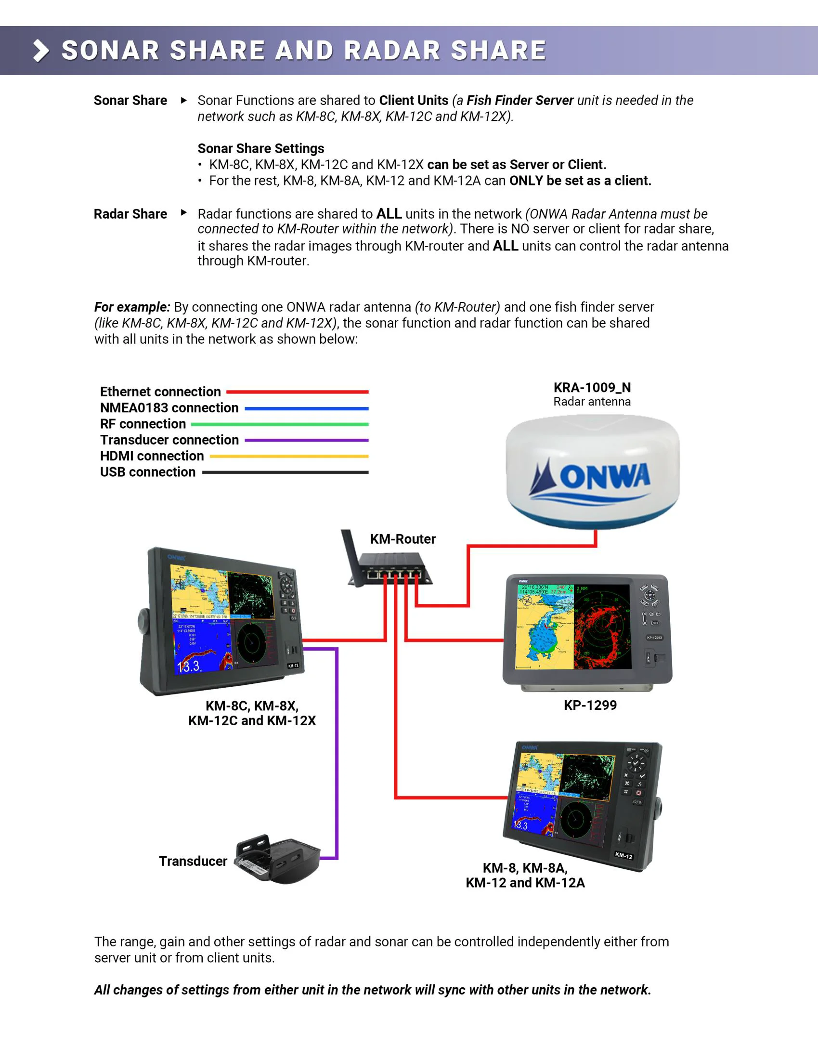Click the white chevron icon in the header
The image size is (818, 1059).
(41, 51)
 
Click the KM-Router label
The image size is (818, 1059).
(403, 539)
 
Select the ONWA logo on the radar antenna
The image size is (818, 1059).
(591, 478)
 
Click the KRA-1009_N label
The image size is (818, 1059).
(592, 387)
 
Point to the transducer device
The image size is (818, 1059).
(277, 859)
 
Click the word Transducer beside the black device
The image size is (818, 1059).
(193, 861)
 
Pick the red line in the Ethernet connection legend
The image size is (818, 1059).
(297, 392)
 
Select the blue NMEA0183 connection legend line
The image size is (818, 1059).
(306, 408)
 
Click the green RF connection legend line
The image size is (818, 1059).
(279, 424)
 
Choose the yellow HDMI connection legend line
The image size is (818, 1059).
(288, 456)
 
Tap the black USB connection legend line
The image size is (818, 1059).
(285, 472)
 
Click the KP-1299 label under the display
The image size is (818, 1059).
(590, 705)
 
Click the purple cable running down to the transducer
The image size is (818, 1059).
(337, 752)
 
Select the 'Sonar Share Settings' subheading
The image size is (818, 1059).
(260, 148)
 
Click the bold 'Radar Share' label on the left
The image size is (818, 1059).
(130, 214)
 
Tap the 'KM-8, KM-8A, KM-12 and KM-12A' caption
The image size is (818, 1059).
(525, 875)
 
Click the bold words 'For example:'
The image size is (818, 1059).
(132, 307)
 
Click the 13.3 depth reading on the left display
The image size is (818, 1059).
(189, 666)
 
